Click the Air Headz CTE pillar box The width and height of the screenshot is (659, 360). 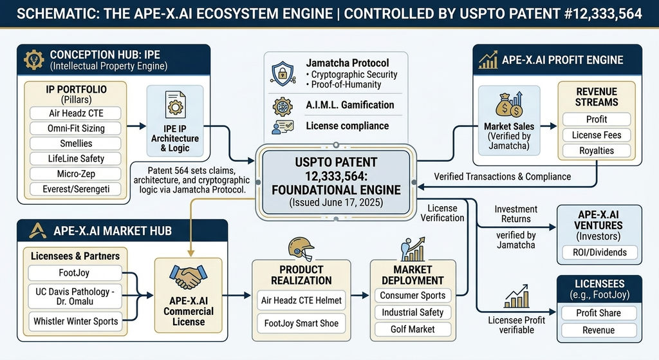[x=76, y=113]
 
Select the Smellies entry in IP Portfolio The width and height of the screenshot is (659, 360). [x=76, y=144]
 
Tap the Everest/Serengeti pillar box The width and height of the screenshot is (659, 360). [x=76, y=189]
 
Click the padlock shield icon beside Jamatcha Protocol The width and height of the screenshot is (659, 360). [x=283, y=73]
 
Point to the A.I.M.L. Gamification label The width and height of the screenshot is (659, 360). [x=349, y=105]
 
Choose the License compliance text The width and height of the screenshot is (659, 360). [x=347, y=126]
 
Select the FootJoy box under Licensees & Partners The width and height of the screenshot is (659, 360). [x=75, y=273]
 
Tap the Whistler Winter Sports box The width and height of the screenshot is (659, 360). [x=76, y=321]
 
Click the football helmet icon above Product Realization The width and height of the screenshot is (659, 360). [x=301, y=249]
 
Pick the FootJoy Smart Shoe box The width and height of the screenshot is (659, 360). [x=301, y=323]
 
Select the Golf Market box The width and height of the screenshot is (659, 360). [x=413, y=329]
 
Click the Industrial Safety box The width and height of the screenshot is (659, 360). [x=413, y=312]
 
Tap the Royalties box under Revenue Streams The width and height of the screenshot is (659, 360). [x=597, y=151]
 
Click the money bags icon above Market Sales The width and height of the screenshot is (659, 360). [x=509, y=104]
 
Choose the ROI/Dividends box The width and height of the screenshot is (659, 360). [x=599, y=252]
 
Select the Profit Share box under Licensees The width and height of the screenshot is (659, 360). [x=599, y=313]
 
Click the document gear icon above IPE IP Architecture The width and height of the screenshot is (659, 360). [x=175, y=105]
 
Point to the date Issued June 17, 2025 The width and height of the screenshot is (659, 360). [x=336, y=202]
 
